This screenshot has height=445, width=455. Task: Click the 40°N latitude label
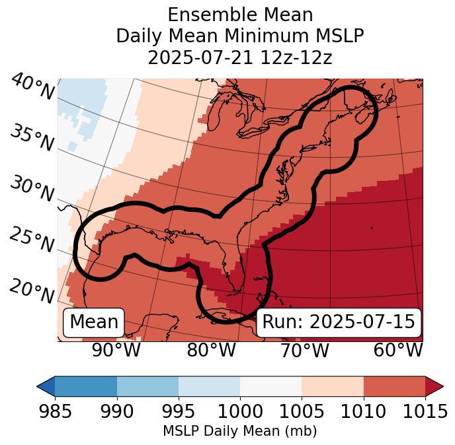pyautogui.click(x=32, y=88)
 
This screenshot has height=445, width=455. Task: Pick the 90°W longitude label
pyautogui.click(x=116, y=350)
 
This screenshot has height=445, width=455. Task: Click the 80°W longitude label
pyautogui.click(x=211, y=350)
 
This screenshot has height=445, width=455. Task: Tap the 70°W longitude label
pyautogui.click(x=304, y=350)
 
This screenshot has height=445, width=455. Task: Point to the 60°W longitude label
pyautogui.click(x=398, y=350)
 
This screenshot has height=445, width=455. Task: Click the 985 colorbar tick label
pyautogui.click(x=55, y=411)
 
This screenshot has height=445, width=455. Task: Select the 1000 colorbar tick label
pyautogui.click(x=240, y=411)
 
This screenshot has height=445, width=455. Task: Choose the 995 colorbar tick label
pyautogui.click(x=179, y=411)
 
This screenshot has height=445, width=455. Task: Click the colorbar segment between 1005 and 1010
pyautogui.click(x=333, y=386)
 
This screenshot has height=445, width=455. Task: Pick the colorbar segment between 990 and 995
pyautogui.click(x=147, y=386)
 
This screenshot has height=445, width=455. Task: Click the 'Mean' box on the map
pyautogui.click(x=94, y=322)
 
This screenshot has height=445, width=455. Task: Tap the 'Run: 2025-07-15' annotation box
pyautogui.click(x=339, y=322)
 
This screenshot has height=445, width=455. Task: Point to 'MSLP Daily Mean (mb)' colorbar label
pyautogui.click(x=240, y=431)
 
